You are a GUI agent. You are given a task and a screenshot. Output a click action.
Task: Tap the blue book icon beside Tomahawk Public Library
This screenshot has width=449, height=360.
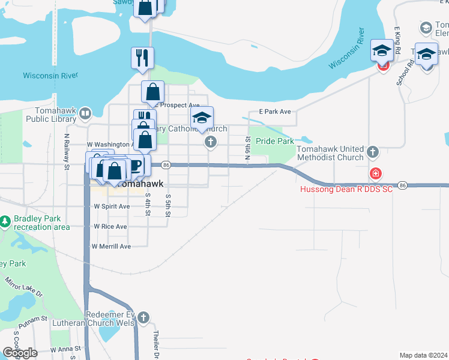pos(85,113)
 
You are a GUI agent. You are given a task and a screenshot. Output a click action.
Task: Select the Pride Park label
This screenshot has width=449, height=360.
pos(274,141)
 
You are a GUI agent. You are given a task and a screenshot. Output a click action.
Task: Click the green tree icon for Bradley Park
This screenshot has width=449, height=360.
pos(5,223)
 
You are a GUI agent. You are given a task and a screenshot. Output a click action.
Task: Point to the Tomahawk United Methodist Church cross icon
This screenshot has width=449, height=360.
pos(373,152)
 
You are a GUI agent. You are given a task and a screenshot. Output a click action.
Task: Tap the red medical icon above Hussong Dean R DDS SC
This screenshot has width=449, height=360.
pos(375,175)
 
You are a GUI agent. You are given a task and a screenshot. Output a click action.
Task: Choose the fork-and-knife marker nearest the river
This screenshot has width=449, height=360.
pos(142,58)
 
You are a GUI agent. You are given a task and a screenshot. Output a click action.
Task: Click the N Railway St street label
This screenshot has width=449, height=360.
pos(67,151)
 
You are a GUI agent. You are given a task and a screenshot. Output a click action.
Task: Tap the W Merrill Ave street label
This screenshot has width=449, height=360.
pos(110,247)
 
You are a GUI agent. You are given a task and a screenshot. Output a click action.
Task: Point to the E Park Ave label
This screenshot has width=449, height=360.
pos(274,112)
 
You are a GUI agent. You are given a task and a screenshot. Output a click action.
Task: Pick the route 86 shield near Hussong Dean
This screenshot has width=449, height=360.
pos(402,185)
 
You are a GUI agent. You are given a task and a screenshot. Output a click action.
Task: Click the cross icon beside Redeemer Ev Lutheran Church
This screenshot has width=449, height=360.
pos(143,317)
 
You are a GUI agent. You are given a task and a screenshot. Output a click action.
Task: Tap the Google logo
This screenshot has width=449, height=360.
pos(20,353)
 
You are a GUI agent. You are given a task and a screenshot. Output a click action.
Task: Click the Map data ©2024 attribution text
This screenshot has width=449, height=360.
pos(423,355)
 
